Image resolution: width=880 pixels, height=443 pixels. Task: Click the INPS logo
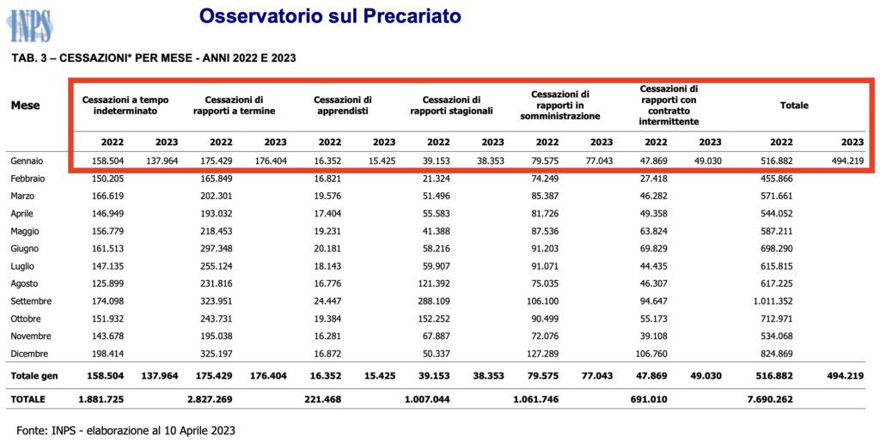[x=28, y=26]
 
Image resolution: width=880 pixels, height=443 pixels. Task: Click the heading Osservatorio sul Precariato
[x=330, y=15]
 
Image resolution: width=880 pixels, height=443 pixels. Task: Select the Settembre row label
[x=32, y=301]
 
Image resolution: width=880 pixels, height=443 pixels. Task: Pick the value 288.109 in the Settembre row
[x=432, y=301]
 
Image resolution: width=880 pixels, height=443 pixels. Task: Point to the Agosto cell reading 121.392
[x=432, y=284]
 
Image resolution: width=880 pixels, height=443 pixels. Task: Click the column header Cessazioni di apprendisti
[x=343, y=105]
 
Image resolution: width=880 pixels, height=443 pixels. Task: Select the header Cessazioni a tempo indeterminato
[x=125, y=105]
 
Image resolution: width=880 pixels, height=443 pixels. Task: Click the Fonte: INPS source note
[x=125, y=431]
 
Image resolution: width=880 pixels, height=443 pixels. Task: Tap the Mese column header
[x=25, y=105]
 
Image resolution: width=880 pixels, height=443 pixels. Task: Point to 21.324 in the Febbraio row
[x=435, y=179]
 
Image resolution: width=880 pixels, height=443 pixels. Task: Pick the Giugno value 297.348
[x=214, y=248]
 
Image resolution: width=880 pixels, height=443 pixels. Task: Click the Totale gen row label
[x=34, y=376]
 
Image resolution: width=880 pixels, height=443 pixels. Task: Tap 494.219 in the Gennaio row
[x=846, y=161]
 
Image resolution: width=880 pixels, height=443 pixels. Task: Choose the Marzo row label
[x=23, y=197]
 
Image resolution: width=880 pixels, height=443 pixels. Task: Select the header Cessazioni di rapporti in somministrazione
[x=560, y=105]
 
